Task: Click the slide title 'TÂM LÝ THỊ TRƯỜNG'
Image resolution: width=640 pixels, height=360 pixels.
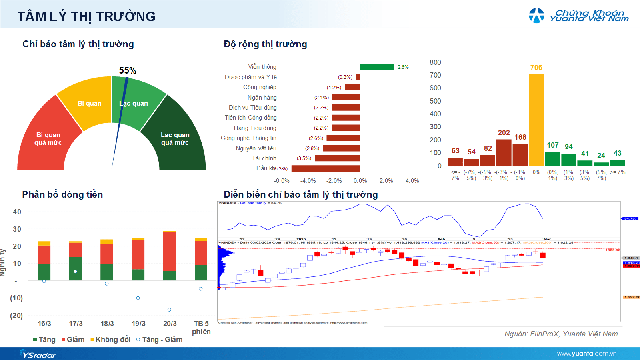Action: pos(80,17)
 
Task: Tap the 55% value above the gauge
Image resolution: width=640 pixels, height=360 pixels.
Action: pos(127,71)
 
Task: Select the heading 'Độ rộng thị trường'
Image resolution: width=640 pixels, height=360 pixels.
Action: pos(265,45)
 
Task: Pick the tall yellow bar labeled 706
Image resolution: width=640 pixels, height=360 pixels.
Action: pos(536,120)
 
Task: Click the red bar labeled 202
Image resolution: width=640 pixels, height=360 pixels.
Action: pos(504,152)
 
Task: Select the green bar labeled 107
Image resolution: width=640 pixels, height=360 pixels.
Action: pos(552,159)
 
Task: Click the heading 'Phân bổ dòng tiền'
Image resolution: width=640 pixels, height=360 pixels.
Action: pos(65,194)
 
